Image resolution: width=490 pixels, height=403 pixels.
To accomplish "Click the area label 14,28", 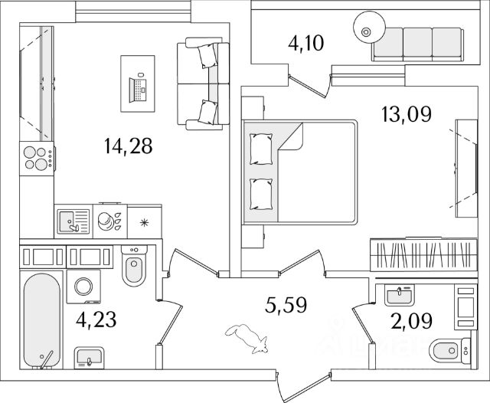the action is click(129, 145).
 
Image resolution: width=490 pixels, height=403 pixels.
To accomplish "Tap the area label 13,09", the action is click(407, 115).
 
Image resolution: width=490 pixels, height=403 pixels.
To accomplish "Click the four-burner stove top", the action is click(36, 159).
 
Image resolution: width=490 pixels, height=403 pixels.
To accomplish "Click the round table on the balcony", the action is click(366, 31).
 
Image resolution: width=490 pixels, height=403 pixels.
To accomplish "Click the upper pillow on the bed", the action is click(261, 148).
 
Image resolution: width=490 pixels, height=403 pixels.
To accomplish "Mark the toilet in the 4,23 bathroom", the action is click(133, 269).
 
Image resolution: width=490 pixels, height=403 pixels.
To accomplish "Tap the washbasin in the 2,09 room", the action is click(398, 297).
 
